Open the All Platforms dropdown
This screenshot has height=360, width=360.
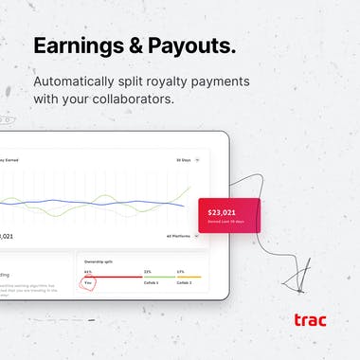pyautogui.click(x=182, y=236)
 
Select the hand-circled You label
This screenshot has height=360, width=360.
pyautogui.click(x=88, y=282)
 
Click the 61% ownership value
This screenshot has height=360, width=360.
pyautogui.click(x=88, y=271)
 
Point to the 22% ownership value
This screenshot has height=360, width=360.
pyautogui.click(x=147, y=271)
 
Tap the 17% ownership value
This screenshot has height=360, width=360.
pyautogui.click(x=180, y=271)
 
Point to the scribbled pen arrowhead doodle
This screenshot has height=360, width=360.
pyautogui.click(x=296, y=276)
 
